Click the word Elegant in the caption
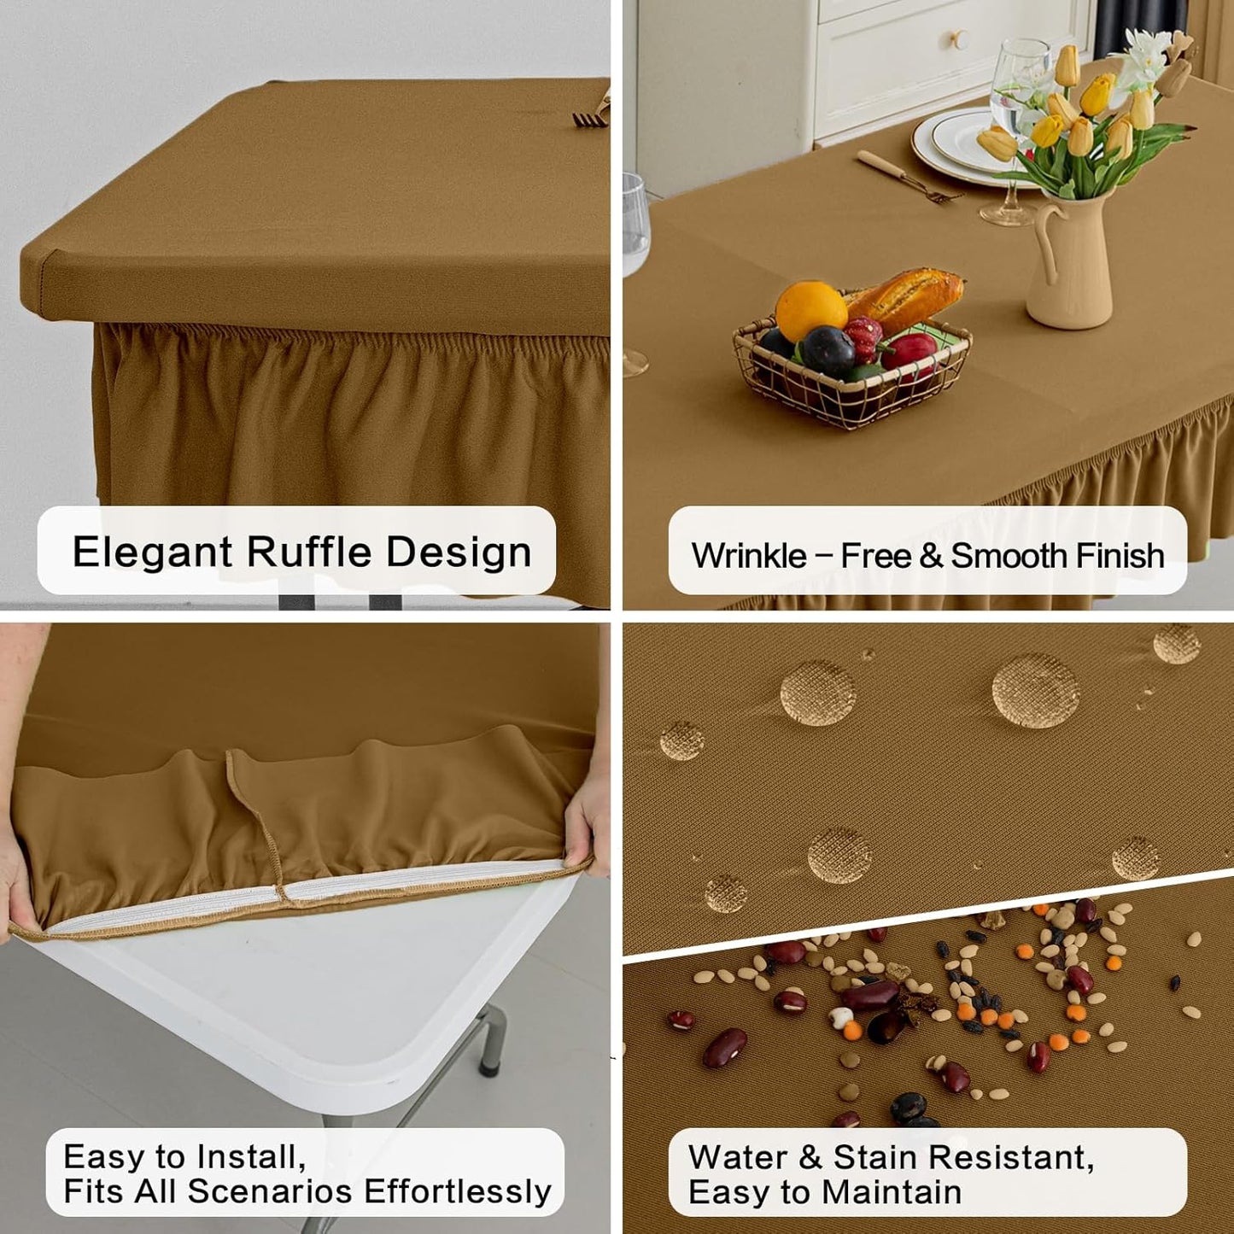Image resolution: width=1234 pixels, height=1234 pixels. pos(153,552)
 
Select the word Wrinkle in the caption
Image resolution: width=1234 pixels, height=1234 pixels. pos(748,556)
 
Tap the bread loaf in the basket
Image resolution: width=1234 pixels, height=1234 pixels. pos(906,298)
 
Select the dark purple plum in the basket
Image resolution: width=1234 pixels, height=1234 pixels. pos(827,350)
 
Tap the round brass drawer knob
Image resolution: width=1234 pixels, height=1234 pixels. pos(958,38)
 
